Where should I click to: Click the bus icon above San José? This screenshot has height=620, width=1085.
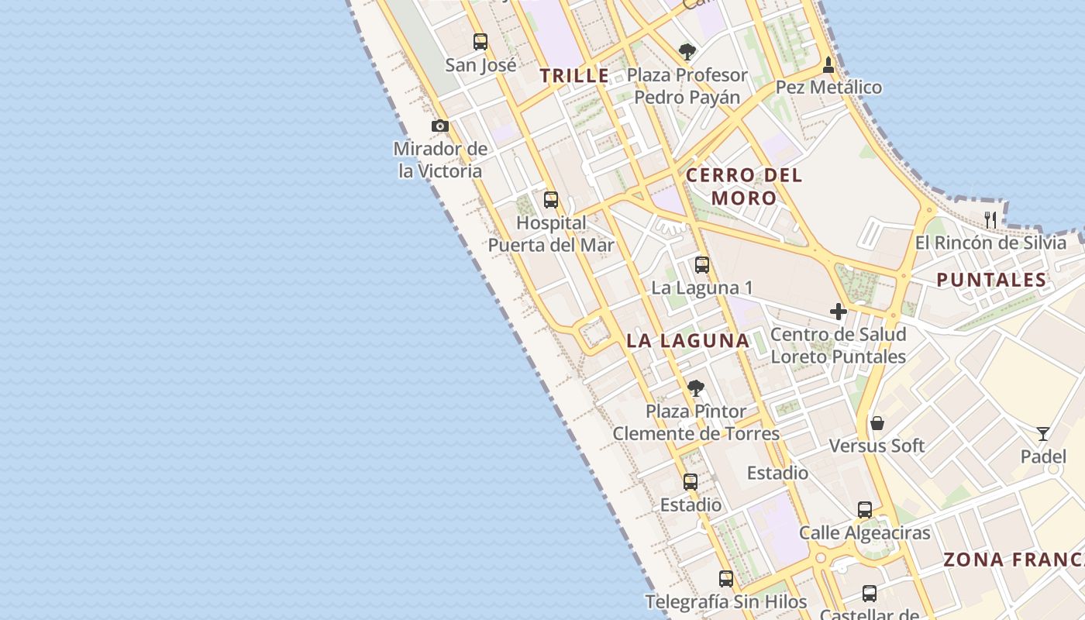click(480, 41)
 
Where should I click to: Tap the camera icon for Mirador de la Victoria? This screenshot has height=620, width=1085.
click(440, 126)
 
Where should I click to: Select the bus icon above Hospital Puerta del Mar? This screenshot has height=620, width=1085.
click(551, 200)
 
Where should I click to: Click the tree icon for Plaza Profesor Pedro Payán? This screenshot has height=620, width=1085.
click(687, 52)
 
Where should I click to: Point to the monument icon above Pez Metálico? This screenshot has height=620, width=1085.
click(828, 64)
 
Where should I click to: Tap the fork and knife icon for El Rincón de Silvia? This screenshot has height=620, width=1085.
click(990, 219)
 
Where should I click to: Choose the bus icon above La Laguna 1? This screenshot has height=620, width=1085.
click(702, 265)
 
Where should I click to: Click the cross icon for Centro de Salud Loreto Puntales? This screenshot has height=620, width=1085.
click(839, 312)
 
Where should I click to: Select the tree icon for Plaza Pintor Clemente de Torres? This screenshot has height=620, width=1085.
click(696, 387)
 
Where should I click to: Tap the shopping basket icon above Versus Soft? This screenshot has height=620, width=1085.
click(877, 423)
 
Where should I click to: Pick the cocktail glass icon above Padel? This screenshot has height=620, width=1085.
click(1043, 433)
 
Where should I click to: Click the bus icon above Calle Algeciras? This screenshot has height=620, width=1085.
click(865, 510)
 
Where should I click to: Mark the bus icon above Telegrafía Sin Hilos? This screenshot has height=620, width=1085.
click(726, 578)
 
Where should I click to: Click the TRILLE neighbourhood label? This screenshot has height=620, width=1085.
click(574, 76)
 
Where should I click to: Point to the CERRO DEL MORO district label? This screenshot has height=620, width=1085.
click(744, 186)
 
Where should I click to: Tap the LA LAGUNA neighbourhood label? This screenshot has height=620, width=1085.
click(688, 340)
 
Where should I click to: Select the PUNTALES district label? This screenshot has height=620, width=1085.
click(991, 280)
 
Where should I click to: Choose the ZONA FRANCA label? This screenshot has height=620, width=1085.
click(1014, 560)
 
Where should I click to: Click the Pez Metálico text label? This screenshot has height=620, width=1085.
click(828, 88)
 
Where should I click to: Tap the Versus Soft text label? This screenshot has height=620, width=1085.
click(877, 446)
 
